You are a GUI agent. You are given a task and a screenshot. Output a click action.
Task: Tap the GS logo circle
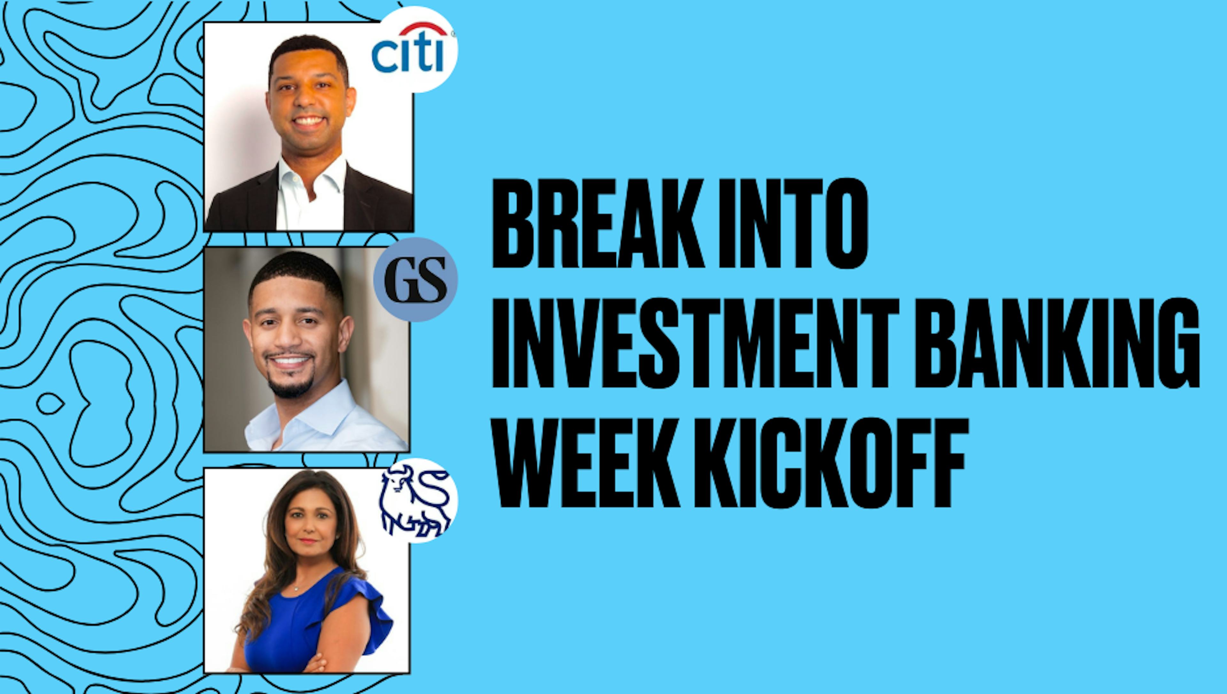coord(415,280)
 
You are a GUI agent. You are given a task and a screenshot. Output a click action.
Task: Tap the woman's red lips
coord(308,541)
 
